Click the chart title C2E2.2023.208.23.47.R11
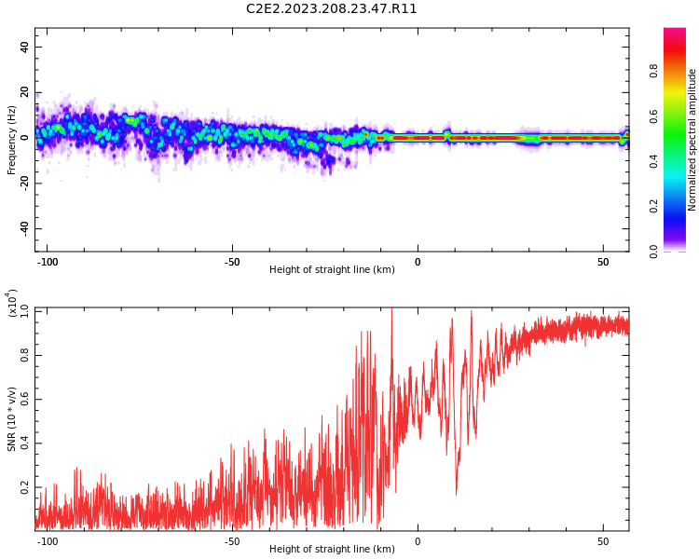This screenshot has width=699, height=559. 331,8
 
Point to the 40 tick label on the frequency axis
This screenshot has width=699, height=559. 24,47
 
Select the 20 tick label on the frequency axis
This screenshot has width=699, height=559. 24,92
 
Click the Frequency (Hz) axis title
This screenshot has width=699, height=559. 11,140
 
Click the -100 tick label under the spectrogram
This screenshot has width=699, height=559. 47,262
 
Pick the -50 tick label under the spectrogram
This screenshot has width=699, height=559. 232,262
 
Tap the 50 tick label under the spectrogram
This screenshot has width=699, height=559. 603,262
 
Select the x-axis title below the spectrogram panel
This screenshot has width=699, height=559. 332,269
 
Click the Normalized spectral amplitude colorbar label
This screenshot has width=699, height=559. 692,140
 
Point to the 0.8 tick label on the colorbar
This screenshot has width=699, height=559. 653,71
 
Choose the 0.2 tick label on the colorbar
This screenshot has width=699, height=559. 653,207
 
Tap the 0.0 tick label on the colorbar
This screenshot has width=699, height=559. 653,252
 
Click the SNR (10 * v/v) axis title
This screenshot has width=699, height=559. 11,419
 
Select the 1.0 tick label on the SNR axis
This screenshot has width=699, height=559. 24,311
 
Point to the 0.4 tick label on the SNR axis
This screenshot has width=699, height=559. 24,443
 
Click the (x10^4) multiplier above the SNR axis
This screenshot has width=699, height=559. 12,303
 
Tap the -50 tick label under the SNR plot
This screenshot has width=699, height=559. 232,541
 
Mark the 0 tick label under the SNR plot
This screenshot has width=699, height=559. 418,541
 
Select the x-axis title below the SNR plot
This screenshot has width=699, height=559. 332,549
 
